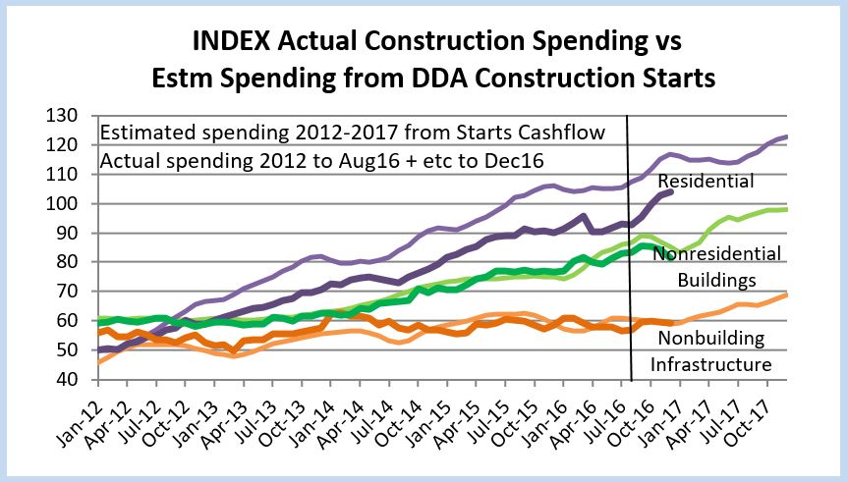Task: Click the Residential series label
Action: [x=706, y=182]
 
